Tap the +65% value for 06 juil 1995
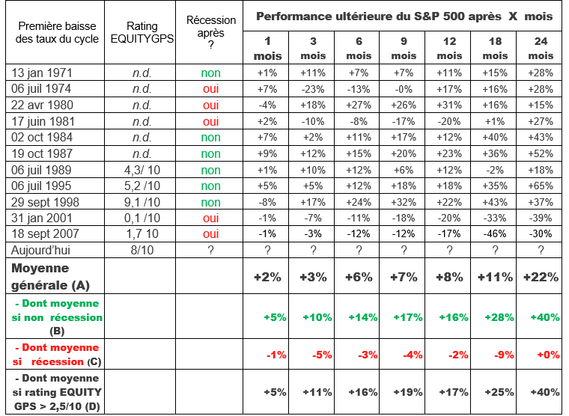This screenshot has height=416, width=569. pos(541,186)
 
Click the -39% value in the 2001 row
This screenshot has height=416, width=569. pos(541,218)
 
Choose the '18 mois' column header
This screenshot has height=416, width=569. pos(495,48)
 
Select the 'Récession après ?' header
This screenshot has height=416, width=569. pos(211,32)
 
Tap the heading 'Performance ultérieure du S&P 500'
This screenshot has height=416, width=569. pos(404,16)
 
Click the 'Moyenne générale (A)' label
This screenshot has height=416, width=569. pos(50,275)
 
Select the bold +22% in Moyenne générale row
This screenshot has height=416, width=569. pos(541,277)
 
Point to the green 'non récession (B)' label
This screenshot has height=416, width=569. pos(59,317)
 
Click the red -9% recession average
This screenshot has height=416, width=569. pos(495,355)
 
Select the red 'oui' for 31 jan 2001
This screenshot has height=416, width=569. pos(211,218)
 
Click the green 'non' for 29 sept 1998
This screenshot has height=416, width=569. pos(211,202)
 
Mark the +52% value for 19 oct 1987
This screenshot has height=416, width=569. pos(541,153)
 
